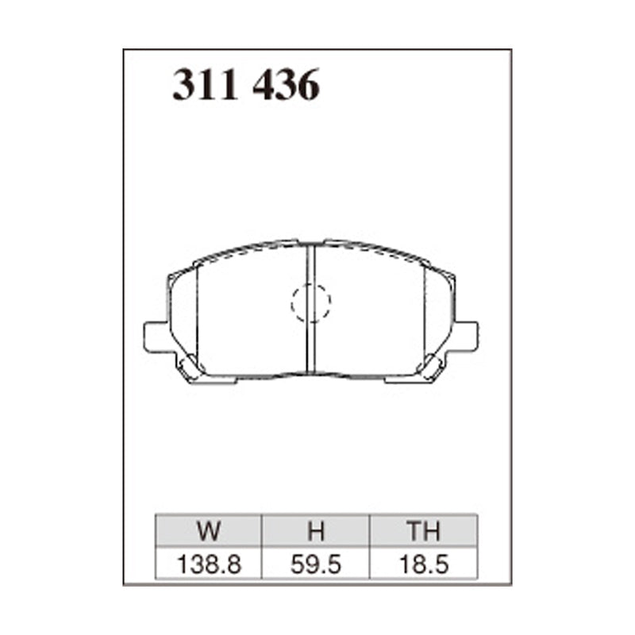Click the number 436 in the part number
click(x=286, y=86)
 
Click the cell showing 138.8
click(x=209, y=564)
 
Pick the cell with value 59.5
click(x=316, y=564)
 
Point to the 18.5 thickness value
click(x=424, y=564)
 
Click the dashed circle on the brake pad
click(x=310, y=302)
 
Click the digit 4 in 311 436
click(x=265, y=86)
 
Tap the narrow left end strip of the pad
click(x=183, y=314)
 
